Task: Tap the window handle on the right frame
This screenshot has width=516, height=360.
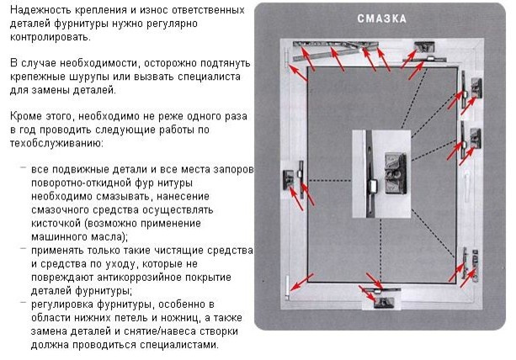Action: coord(469,183)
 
